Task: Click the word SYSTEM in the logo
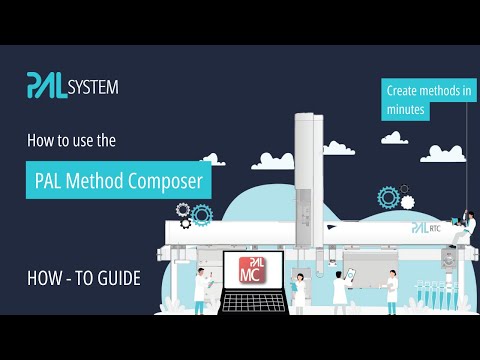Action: [x=93, y=87]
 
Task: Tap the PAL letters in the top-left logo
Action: [x=47, y=86]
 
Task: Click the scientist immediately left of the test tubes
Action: [x=391, y=292]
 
